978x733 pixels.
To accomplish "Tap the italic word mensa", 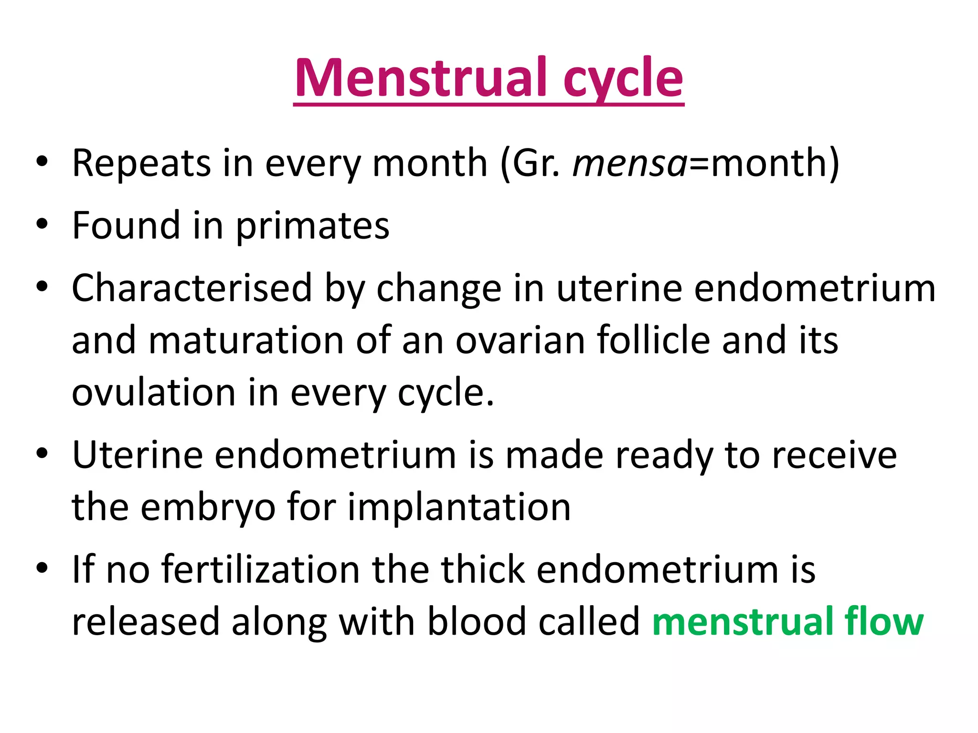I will [x=629, y=164].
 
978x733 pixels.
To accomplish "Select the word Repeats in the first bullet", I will [x=141, y=164].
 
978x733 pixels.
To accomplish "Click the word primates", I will [x=313, y=226].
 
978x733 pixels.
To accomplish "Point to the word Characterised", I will [x=191, y=289].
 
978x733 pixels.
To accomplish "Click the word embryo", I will [x=207, y=508].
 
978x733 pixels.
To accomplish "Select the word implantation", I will [x=459, y=508].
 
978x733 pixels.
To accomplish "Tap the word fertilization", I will [x=261, y=570].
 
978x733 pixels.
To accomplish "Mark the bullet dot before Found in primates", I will [x=42, y=224].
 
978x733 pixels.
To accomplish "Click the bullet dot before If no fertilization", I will [x=42, y=568].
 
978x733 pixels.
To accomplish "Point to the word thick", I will [x=483, y=570].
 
